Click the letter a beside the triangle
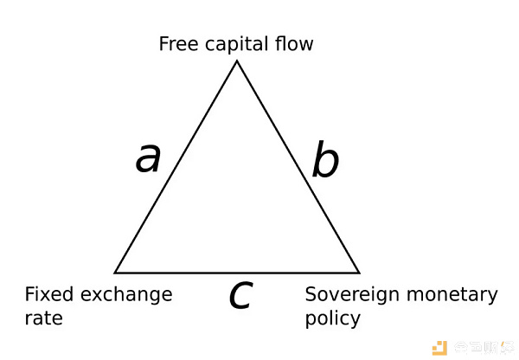(149, 158)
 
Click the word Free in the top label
(177, 43)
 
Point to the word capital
(234, 44)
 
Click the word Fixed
(48, 294)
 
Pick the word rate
(43, 318)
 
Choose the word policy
(332, 318)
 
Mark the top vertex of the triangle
(236, 60)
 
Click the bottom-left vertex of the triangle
(115, 273)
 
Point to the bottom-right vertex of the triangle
(359, 273)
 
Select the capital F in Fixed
(30, 294)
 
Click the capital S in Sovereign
(311, 294)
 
